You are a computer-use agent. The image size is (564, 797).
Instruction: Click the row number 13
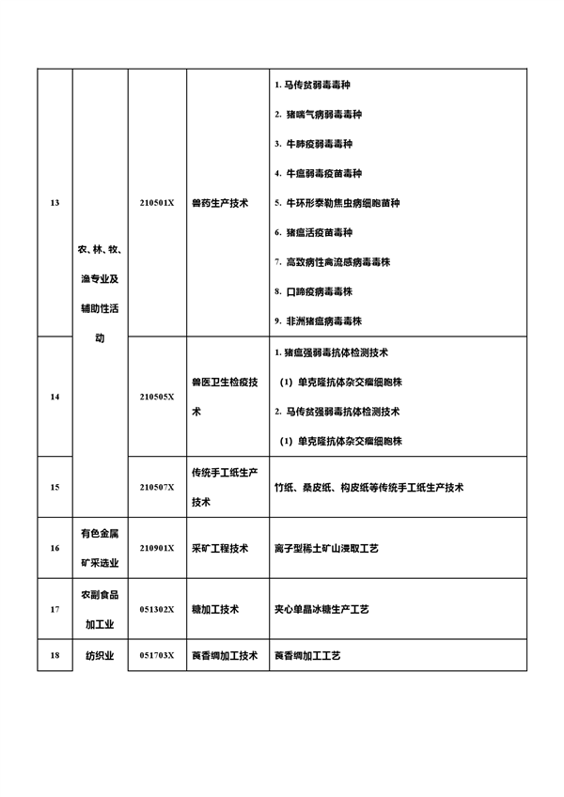[54, 203]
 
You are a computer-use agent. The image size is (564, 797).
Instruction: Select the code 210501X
[157, 203]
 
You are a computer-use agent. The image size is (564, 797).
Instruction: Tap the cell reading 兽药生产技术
[220, 203]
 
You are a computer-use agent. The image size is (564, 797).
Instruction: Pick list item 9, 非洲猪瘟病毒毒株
[318, 320]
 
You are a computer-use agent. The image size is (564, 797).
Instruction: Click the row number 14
[54, 397]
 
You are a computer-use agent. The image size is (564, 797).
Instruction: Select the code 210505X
[157, 397]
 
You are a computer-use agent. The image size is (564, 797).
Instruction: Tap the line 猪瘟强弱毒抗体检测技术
[337, 353]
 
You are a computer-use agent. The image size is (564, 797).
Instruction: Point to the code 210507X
[157, 487]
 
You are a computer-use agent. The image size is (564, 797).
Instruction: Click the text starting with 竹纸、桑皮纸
[368, 487]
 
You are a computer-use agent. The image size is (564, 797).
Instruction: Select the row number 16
[54, 548]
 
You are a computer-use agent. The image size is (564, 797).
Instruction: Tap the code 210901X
[157, 548]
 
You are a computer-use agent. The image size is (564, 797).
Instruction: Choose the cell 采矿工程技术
[220, 548]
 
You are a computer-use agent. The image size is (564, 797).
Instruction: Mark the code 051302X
[157, 609]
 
